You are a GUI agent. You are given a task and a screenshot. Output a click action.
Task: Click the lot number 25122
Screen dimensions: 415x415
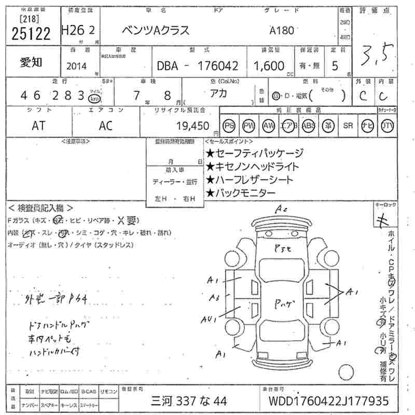tap(31, 34)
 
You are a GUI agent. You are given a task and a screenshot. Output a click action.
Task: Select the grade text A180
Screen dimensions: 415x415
tap(282, 31)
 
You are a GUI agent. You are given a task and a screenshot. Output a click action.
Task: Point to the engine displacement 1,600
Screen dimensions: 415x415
tap(269, 66)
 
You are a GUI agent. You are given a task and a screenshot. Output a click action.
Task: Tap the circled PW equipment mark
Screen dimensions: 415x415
tap(249, 126)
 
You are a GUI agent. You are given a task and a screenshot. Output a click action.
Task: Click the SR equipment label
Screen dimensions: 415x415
tap(348, 126)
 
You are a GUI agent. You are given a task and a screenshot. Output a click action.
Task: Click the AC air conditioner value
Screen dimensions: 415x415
tap(106, 126)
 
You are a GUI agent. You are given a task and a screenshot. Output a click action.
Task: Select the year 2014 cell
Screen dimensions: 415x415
tap(78, 66)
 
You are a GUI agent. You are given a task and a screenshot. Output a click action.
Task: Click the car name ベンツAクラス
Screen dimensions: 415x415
tap(155, 31)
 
